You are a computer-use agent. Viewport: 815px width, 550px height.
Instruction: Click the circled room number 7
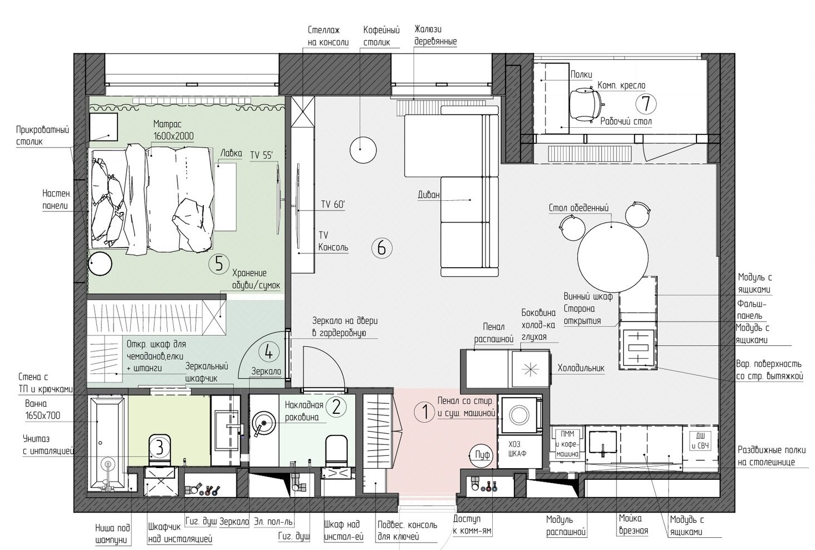click(646, 104)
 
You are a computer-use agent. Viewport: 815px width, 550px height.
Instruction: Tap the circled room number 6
click(381, 248)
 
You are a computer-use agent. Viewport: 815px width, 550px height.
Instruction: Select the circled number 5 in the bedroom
click(219, 263)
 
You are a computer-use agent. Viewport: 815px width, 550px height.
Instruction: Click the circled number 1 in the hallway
click(425, 412)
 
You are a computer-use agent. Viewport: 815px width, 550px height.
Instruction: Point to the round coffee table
click(363, 149)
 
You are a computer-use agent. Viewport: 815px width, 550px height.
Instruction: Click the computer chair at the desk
click(585, 105)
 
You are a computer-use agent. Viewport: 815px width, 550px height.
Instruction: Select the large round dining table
click(613, 257)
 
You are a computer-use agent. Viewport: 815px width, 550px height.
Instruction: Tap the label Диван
click(429, 195)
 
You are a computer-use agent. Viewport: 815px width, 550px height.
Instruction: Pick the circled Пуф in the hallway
click(482, 454)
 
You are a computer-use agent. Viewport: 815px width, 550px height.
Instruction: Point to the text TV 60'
click(333, 204)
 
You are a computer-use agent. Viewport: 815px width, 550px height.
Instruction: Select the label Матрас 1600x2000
click(173, 130)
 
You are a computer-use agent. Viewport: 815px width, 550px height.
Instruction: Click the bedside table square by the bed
click(104, 127)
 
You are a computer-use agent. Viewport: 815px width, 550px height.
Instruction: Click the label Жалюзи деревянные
click(436, 35)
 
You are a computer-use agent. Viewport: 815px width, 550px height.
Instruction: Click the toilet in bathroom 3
click(159, 450)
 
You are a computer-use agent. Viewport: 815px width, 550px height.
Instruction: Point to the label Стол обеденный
click(579, 208)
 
